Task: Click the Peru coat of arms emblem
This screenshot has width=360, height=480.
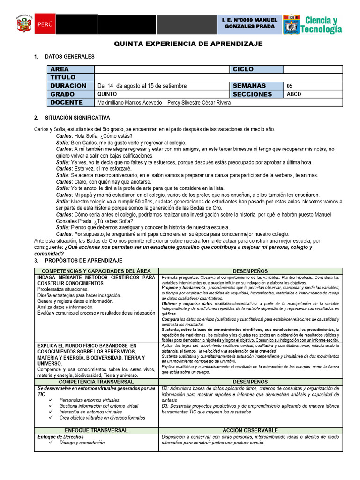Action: [x=24, y=24]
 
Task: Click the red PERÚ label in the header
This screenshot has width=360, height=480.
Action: [x=45, y=24]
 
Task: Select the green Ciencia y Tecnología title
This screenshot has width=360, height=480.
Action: [x=321, y=24]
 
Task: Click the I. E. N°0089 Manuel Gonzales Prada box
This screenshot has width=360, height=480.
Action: [x=249, y=24]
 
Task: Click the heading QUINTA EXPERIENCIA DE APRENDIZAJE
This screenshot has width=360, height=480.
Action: [x=189, y=44]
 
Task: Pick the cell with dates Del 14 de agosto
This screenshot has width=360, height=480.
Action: [x=142, y=86]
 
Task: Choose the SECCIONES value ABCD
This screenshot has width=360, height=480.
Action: [x=294, y=94]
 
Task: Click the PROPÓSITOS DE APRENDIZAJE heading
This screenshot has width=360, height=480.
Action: [x=83, y=260]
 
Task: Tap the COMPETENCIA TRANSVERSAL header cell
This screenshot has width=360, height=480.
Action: [x=96, y=382]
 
